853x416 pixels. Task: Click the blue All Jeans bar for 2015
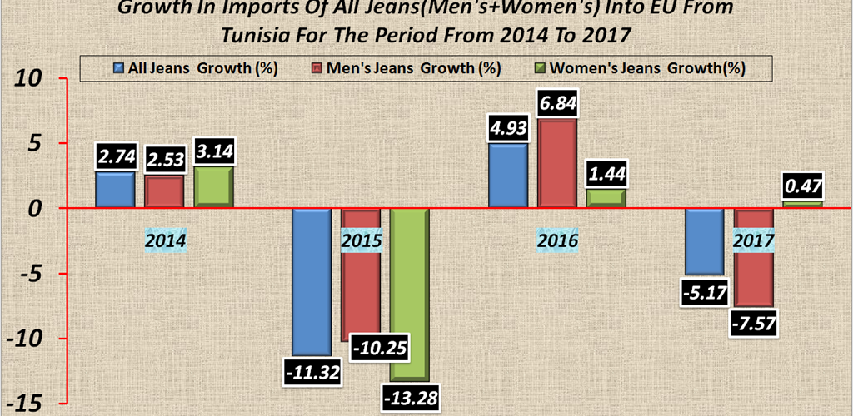(311, 281)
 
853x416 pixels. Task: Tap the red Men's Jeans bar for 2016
(557, 164)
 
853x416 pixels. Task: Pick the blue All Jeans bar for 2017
(704, 241)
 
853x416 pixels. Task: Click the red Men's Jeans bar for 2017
(753, 257)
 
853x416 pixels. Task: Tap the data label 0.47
(801, 186)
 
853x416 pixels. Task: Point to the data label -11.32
(311, 371)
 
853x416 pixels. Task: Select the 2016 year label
(557, 242)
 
